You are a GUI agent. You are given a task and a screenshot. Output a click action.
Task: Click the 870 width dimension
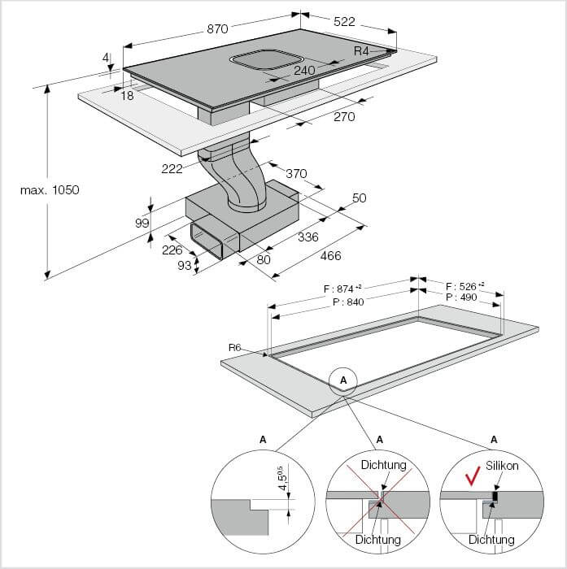pos(217,28)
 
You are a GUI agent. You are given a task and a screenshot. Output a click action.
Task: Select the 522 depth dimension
pos(344,22)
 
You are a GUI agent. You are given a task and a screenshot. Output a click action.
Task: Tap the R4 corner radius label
pos(362,51)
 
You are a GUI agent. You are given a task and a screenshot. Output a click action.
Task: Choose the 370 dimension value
pos(296,173)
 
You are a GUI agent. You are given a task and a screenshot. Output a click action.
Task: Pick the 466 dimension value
pos(330,255)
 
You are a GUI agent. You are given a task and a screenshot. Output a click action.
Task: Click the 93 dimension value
pos(184,266)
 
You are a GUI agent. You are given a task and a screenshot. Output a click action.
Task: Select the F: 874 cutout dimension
pos(342,289)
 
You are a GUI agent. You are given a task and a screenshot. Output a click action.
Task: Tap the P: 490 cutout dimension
pos(461,298)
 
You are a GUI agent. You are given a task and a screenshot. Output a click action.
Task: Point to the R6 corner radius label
pos(235,348)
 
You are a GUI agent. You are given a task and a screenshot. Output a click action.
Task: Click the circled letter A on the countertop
pos(343,380)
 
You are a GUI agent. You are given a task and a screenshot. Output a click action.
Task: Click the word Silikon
pos(501,466)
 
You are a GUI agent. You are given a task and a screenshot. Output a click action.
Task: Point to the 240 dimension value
pos(304,70)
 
